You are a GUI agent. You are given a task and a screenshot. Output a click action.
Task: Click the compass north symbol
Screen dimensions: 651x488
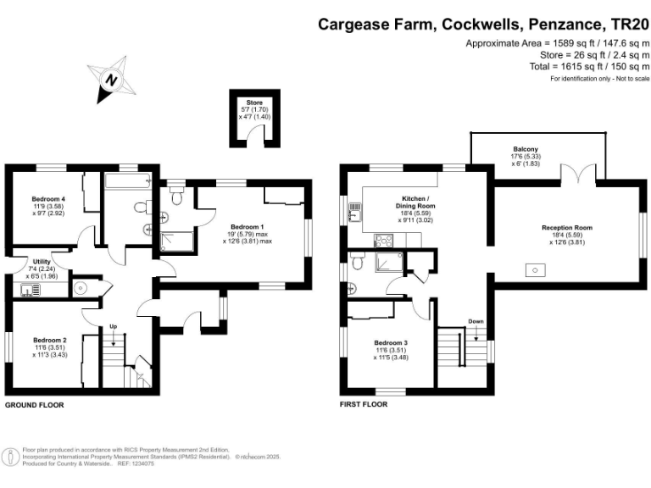(x=111, y=80)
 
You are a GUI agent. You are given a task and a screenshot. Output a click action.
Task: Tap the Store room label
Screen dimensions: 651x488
(x=254, y=103)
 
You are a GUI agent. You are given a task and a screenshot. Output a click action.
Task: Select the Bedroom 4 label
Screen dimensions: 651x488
(x=48, y=199)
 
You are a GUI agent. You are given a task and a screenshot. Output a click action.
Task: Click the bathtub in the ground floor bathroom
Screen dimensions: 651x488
(x=127, y=181)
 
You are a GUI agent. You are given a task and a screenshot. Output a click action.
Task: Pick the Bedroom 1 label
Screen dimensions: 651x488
(x=248, y=227)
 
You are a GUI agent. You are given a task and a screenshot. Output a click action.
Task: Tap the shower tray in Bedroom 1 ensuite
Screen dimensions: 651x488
(x=176, y=242)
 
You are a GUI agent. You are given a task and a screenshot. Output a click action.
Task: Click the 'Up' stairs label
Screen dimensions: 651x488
(x=113, y=326)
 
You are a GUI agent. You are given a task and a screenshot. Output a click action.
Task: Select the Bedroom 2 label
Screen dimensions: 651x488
(x=50, y=341)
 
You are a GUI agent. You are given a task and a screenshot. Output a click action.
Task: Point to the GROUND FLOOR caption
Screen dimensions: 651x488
(x=35, y=405)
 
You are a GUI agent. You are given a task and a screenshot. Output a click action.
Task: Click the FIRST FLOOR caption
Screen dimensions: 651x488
(x=364, y=404)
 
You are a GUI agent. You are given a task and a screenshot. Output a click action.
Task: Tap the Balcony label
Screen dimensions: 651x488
(x=526, y=149)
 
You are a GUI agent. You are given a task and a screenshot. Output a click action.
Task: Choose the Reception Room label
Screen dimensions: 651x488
(x=567, y=227)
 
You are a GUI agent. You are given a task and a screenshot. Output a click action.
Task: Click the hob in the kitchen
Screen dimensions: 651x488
(x=383, y=241)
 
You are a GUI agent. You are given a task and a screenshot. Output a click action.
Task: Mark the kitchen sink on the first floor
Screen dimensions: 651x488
(x=355, y=212)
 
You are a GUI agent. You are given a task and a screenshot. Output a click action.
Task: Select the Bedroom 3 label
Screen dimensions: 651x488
(x=391, y=343)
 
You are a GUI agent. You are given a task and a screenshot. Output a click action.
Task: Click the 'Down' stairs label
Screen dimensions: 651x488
(x=476, y=321)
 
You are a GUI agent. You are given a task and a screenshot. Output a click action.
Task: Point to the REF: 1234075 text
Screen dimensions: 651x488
(x=136, y=463)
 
